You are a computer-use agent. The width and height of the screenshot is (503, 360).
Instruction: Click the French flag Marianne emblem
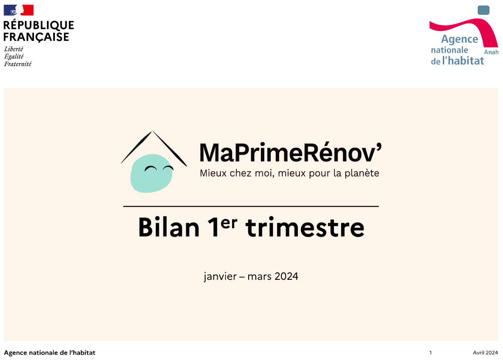[x=19, y=10]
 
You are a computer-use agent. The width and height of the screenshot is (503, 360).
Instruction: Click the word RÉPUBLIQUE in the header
[x=38, y=25]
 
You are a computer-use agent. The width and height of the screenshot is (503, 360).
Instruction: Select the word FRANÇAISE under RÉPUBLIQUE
[x=36, y=37]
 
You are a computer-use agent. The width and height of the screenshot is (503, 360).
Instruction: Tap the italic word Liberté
[x=14, y=49]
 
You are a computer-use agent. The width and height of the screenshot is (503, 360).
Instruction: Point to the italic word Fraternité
[x=18, y=64]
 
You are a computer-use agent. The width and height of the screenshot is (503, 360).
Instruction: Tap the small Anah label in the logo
[x=491, y=52]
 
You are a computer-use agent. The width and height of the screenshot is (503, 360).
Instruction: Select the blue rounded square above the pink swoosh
[x=483, y=10]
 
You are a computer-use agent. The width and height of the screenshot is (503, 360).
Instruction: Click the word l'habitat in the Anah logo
[x=463, y=61]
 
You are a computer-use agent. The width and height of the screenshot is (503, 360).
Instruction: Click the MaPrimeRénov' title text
[x=290, y=153]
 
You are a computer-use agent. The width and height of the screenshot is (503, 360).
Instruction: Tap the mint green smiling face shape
[x=152, y=173]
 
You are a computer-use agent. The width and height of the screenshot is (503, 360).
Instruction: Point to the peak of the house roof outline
[x=152, y=131]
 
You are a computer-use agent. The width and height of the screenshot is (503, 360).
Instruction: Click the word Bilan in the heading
[x=169, y=228]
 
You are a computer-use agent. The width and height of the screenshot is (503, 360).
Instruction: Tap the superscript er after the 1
[x=229, y=223]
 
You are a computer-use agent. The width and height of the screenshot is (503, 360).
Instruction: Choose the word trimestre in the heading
[x=305, y=228]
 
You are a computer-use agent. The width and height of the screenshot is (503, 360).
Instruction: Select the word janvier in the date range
[x=220, y=276]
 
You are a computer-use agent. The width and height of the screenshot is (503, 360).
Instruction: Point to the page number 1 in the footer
[x=431, y=353]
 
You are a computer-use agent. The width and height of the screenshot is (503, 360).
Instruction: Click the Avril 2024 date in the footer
[x=485, y=353]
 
